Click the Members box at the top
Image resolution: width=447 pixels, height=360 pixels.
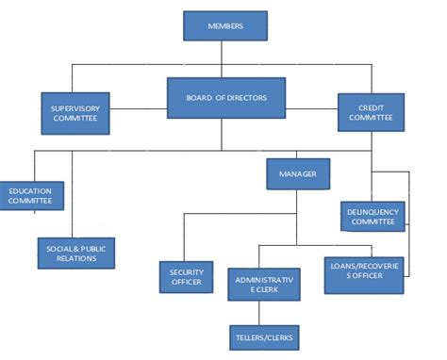coord(224,25)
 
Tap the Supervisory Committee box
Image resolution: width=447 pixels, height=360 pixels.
coord(74,112)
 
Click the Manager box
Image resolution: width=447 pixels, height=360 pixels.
coord(298,173)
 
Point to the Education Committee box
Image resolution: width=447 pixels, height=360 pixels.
coord(30,196)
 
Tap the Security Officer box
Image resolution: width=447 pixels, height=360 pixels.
coord(186,276)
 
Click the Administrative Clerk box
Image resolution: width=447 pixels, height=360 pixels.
coord(264,284)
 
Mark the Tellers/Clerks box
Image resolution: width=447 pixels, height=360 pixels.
coord(264,336)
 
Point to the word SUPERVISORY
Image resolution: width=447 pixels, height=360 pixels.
coord(74,107)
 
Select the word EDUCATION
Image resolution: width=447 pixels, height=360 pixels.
coord(30,191)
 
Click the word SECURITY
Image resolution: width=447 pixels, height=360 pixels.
coord(186,271)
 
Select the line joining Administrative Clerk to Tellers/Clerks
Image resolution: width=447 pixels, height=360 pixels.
coord(264,312)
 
